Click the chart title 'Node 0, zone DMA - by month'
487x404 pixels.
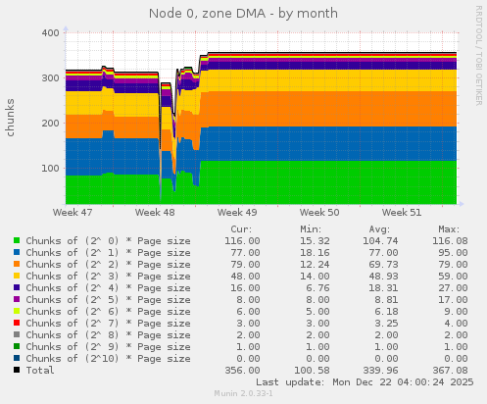click(243, 14)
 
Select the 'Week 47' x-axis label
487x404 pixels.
click(73, 212)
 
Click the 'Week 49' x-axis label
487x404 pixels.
click(237, 212)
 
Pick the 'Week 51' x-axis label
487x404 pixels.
click(402, 212)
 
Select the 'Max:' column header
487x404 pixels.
click(450, 227)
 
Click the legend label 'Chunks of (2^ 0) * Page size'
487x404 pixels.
click(108, 240)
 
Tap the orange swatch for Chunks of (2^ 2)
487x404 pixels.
click(17, 265)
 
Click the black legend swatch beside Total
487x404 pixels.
click(17, 371)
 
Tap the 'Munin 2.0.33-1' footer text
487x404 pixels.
click(243, 394)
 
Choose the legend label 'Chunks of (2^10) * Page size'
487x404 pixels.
click(108, 359)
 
